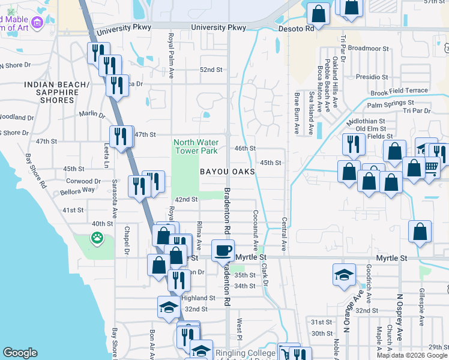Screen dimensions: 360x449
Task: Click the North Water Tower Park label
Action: click(196, 146)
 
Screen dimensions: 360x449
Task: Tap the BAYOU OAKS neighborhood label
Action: click(228, 172)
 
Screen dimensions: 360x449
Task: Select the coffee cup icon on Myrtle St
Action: click(223, 250)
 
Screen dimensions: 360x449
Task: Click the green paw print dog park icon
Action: click(97, 239)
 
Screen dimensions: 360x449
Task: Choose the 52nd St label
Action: click(211, 70)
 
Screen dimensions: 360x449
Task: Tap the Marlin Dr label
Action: click(92, 113)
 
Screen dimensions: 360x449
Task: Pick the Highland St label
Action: click(198, 298)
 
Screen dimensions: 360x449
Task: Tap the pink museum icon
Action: click(37, 23)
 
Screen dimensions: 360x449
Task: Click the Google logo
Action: click(20, 353)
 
